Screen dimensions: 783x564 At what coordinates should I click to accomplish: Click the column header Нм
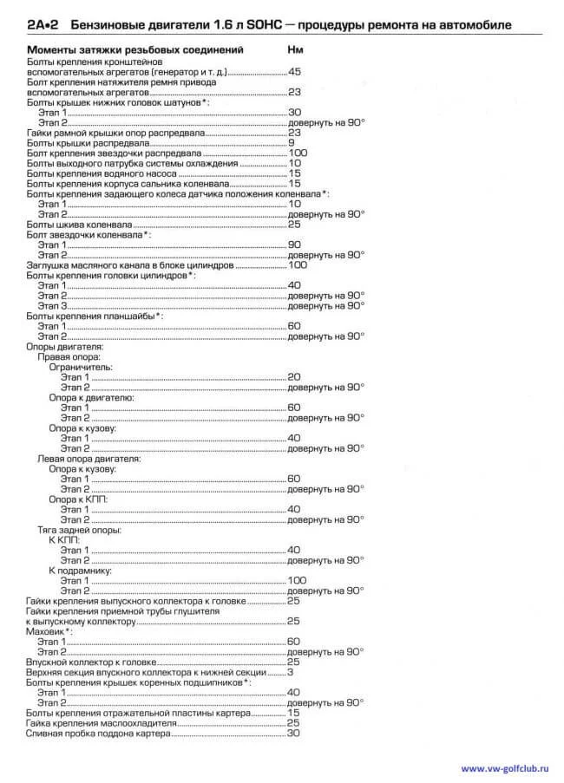click(295, 50)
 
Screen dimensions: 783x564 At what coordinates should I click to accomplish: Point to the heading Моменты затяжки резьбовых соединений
click(134, 50)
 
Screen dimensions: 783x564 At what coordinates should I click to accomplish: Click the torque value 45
click(294, 71)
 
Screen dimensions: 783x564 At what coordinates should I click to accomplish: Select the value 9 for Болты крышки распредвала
click(292, 142)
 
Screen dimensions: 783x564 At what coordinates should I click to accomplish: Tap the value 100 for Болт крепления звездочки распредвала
click(298, 153)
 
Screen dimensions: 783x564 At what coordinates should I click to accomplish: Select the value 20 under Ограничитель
click(294, 377)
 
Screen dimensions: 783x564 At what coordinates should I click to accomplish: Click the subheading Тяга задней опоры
click(78, 530)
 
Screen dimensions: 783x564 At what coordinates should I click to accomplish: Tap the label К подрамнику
click(83, 571)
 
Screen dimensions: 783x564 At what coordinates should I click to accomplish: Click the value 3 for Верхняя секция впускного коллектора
click(291, 673)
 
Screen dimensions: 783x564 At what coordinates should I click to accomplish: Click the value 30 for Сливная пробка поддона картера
click(293, 734)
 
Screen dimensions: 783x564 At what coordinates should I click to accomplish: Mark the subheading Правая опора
click(69, 356)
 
